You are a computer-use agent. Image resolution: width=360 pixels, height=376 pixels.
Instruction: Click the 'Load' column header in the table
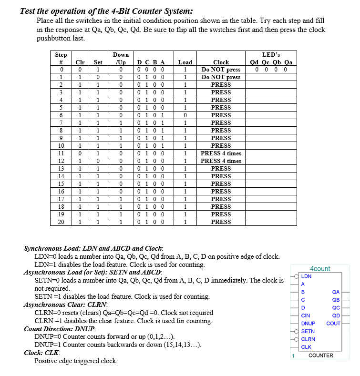point(185,62)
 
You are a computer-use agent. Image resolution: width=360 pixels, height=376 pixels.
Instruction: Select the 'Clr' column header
point(81,62)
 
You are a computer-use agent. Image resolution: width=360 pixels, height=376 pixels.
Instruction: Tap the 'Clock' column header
point(221,62)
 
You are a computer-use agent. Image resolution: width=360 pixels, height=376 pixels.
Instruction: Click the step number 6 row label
point(61,115)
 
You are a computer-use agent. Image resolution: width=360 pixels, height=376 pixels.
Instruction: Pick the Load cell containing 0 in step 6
point(185,115)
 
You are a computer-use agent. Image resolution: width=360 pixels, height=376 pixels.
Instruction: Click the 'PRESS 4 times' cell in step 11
point(221,153)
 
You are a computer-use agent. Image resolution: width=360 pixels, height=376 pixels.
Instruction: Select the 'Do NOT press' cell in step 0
point(221,70)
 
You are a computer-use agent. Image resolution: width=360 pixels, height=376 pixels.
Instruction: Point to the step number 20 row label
point(61,222)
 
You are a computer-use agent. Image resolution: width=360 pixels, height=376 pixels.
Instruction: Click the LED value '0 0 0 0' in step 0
point(271,70)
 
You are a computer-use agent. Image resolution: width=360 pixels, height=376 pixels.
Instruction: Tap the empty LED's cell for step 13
point(271,169)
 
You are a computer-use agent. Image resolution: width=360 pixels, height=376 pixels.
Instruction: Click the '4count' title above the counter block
point(320,269)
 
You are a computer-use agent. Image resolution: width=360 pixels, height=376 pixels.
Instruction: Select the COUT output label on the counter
point(333,324)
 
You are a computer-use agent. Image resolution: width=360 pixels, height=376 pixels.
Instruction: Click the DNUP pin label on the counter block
point(308,323)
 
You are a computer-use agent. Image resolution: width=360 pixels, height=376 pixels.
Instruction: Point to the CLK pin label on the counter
point(306,347)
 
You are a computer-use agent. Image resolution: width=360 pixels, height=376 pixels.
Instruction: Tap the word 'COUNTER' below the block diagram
point(320,356)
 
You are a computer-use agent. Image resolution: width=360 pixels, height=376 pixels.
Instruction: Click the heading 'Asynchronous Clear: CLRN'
point(66,305)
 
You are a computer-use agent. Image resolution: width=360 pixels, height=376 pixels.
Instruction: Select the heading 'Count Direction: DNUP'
point(60,329)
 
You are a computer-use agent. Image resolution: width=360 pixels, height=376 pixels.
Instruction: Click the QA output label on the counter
point(336,292)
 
